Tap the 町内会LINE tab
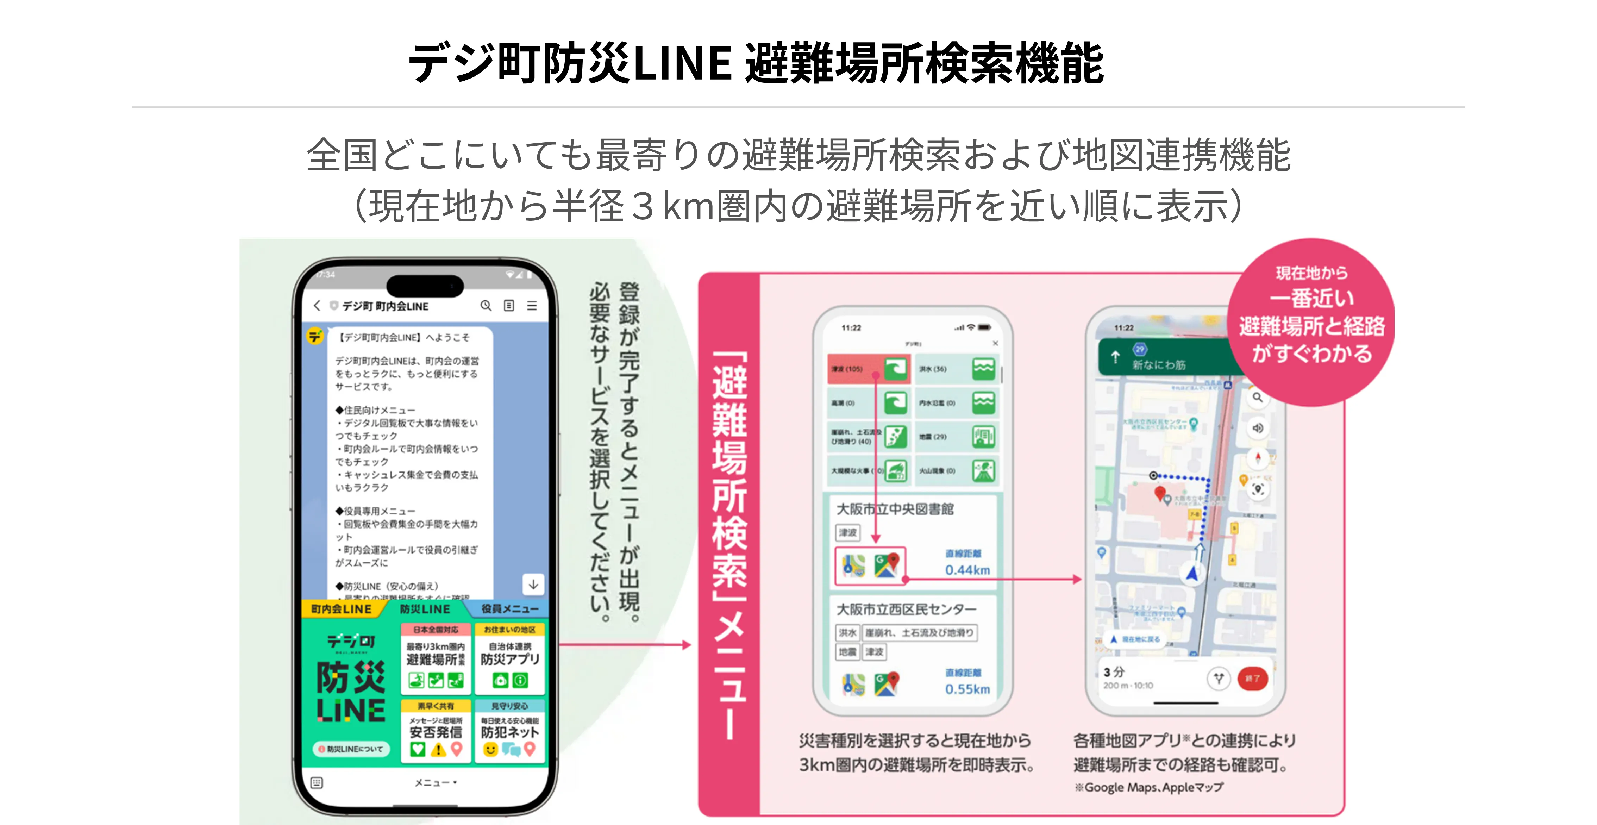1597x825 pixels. pyautogui.click(x=341, y=609)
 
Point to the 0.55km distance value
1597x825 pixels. pyautogui.click(x=967, y=689)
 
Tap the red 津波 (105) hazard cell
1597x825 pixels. pyautogui.click(x=868, y=369)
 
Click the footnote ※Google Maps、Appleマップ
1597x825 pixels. pyautogui.click(x=1149, y=788)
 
